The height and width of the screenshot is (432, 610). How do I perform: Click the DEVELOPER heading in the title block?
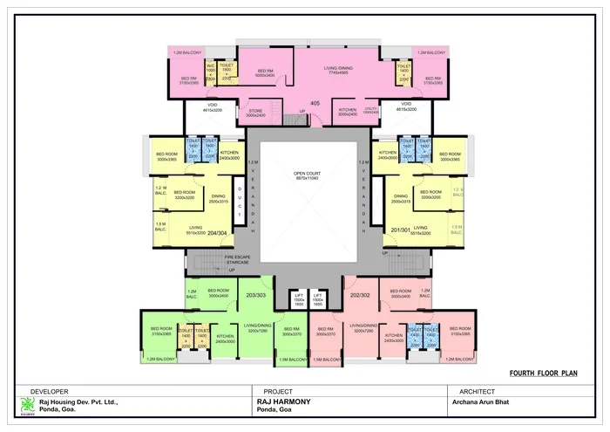[49, 391]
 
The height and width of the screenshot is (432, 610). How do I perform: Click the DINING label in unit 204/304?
[218, 197]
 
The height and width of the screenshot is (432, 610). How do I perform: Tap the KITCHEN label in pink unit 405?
[348, 112]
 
